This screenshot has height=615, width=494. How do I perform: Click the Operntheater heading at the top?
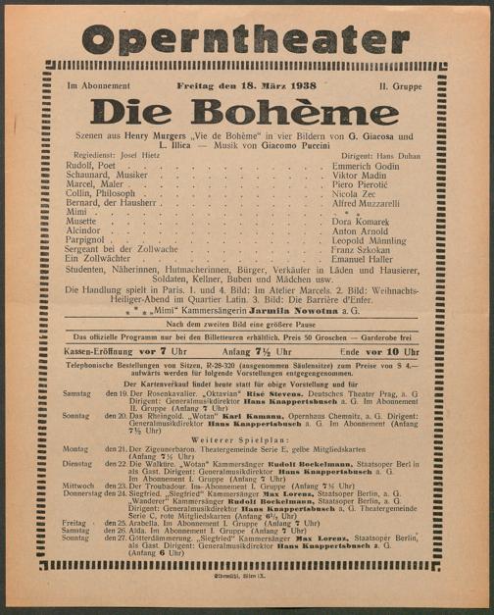pos(245,39)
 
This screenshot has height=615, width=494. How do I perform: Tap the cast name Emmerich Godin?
pos(360,179)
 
